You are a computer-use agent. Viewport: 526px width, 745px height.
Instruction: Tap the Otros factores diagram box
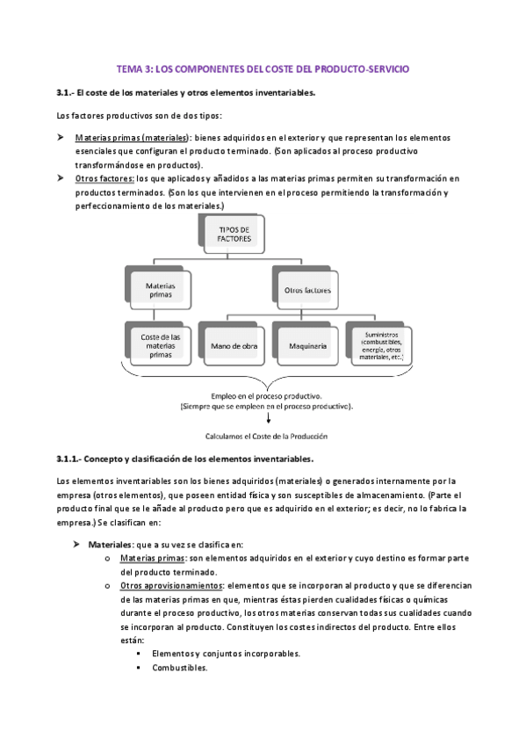pyautogui.click(x=306, y=288)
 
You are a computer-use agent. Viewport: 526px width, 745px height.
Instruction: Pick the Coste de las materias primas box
pyautogui.click(x=160, y=345)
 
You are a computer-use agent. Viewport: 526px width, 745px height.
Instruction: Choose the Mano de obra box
pyautogui.click(x=233, y=345)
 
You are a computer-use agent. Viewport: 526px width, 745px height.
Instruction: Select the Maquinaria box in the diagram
pyautogui.click(x=306, y=345)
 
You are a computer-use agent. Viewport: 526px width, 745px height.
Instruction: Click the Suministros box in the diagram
pyautogui.click(x=378, y=345)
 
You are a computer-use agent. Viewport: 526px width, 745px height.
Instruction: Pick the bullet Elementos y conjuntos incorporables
pyautogui.click(x=226, y=654)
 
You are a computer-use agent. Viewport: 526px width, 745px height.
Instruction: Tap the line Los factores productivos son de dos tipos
pyautogui.click(x=139, y=115)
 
